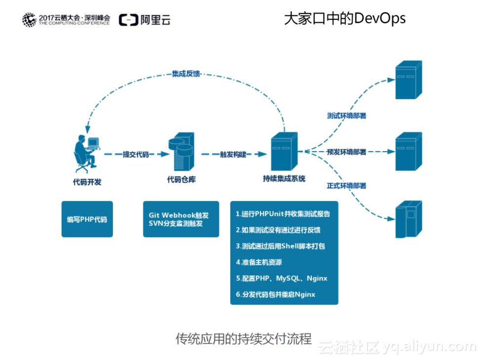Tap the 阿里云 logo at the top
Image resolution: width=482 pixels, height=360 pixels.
pyautogui.click(x=145, y=20)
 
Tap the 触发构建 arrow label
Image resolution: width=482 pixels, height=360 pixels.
pyautogui.click(x=233, y=155)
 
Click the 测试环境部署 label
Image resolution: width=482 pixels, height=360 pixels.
pyautogui.click(x=346, y=116)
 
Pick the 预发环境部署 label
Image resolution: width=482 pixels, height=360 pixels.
pyautogui.click(x=346, y=152)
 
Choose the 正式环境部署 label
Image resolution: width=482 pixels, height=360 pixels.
pyautogui.click(x=346, y=186)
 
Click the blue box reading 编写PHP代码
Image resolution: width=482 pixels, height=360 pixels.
pyautogui.click(x=87, y=219)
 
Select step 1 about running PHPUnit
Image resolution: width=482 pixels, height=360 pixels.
pyautogui.click(x=283, y=214)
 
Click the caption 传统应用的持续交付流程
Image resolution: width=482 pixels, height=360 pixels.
pyautogui.click(x=244, y=339)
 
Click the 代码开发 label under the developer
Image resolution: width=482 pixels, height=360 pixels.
pyautogui.click(x=87, y=182)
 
